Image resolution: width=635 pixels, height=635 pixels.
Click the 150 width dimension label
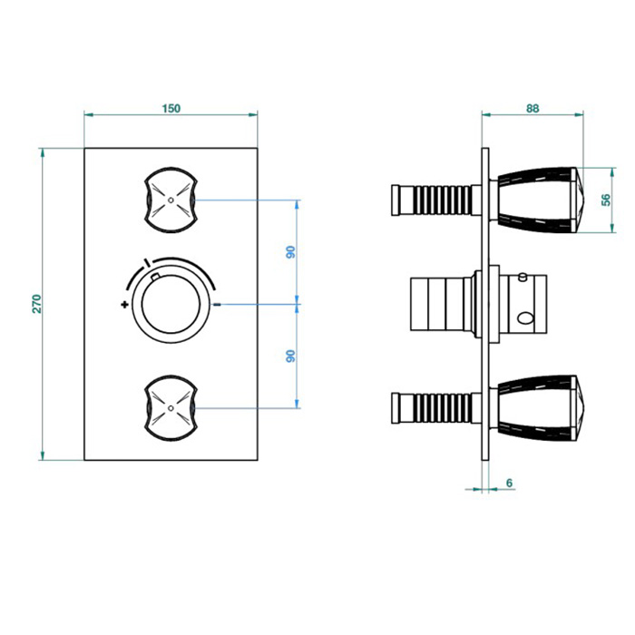click(x=171, y=108)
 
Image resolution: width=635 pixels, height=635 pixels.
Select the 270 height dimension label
click(x=37, y=303)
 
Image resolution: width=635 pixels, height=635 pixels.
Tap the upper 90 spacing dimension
click(x=291, y=252)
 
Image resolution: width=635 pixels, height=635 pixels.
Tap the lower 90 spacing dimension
click(x=291, y=356)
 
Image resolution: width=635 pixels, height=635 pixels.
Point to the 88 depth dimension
click(x=532, y=108)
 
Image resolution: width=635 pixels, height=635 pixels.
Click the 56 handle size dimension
click(x=607, y=200)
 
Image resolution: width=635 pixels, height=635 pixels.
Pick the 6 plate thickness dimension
click(x=510, y=484)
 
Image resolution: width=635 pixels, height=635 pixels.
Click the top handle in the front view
click(x=171, y=198)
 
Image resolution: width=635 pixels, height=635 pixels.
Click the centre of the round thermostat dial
click(x=171, y=304)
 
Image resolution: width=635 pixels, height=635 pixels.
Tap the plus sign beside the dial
click(x=123, y=305)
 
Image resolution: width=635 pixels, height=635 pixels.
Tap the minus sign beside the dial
click(x=218, y=305)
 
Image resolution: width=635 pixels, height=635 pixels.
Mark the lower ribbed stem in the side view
click(x=435, y=405)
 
